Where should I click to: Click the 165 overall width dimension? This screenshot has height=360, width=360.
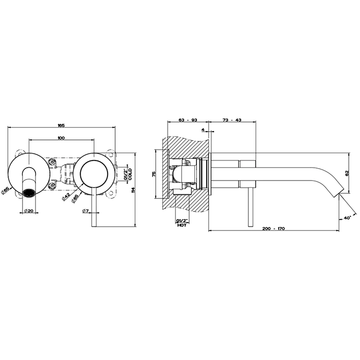pyautogui.click(x=61, y=125)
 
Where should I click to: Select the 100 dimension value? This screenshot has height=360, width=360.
pyautogui.click(x=61, y=138)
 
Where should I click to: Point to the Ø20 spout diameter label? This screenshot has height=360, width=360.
pyautogui.click(x=29, y=210)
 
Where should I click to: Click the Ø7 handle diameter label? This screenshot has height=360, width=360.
pyautogui.click(x=85, y=210)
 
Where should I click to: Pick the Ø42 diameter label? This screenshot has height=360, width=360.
pyautogui.click(x=66, y=197)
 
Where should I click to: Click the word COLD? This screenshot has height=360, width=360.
pyautogui.click(x=130, y=174)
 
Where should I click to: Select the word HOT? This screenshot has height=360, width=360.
pyautogui.click(x=182, y=225)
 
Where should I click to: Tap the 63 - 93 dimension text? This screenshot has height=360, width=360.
pyautogui.click(x=188, y=120)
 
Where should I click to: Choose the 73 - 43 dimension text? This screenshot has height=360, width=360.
pyautogui.click(x=232, y=120)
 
